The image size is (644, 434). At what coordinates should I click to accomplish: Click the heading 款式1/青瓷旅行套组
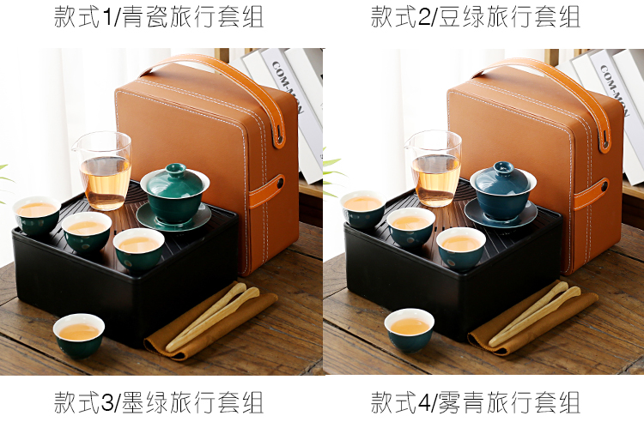coord(159,17)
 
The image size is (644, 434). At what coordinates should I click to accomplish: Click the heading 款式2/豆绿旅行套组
coord(475,17)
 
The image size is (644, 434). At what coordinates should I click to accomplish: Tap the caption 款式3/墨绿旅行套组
coord(159,402)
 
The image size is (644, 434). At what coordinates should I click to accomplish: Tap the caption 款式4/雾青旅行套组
coord(475,402)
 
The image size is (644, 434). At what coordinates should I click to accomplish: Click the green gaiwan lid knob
coord(176,168)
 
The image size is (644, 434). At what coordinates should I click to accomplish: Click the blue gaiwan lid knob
coord(503,167)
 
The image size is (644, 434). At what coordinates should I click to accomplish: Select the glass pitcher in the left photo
coord(103,170)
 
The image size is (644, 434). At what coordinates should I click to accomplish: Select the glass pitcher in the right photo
coord(434,168)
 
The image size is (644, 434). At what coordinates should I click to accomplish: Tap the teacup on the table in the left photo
coord(79,335)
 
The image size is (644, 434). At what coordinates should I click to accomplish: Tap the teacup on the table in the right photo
coord(409,330)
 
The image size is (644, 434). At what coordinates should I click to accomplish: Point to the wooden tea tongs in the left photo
coord(212,317)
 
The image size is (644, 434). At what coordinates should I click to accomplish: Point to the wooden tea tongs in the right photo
coord(534,313)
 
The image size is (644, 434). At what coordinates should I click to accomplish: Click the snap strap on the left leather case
coord(267,192)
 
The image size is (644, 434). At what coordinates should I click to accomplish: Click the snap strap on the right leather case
coord(592,194)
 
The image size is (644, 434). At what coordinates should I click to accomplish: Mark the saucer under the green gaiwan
coord(173,217)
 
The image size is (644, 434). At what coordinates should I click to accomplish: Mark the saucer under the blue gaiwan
coord(501,213)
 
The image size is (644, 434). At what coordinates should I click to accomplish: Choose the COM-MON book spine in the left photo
coord(296,115)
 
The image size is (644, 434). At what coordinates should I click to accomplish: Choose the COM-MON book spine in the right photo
coord(620,117)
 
